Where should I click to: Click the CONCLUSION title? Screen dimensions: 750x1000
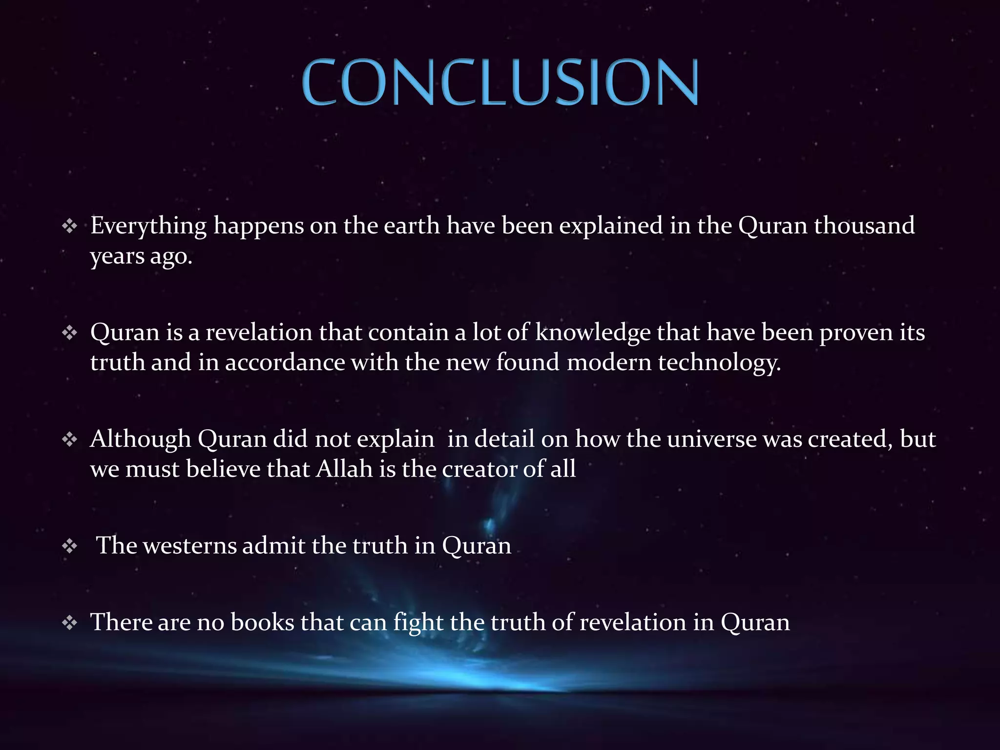500,82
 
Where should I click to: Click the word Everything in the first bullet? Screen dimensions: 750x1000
148,227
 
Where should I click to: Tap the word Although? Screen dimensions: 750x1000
140,439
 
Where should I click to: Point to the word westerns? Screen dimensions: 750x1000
190,545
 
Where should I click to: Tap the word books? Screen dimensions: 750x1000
262,623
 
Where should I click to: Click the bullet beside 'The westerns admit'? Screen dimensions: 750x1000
70,546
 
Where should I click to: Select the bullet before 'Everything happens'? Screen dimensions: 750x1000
70,226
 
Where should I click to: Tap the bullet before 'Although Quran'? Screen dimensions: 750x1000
70,439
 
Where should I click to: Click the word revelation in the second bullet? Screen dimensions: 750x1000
259,333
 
